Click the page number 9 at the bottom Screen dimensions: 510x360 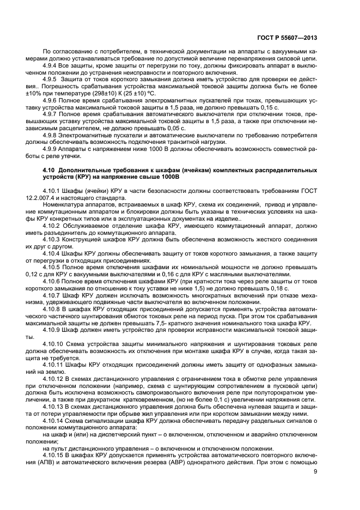[315, 471]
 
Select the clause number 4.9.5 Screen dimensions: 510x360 [51, 79]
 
